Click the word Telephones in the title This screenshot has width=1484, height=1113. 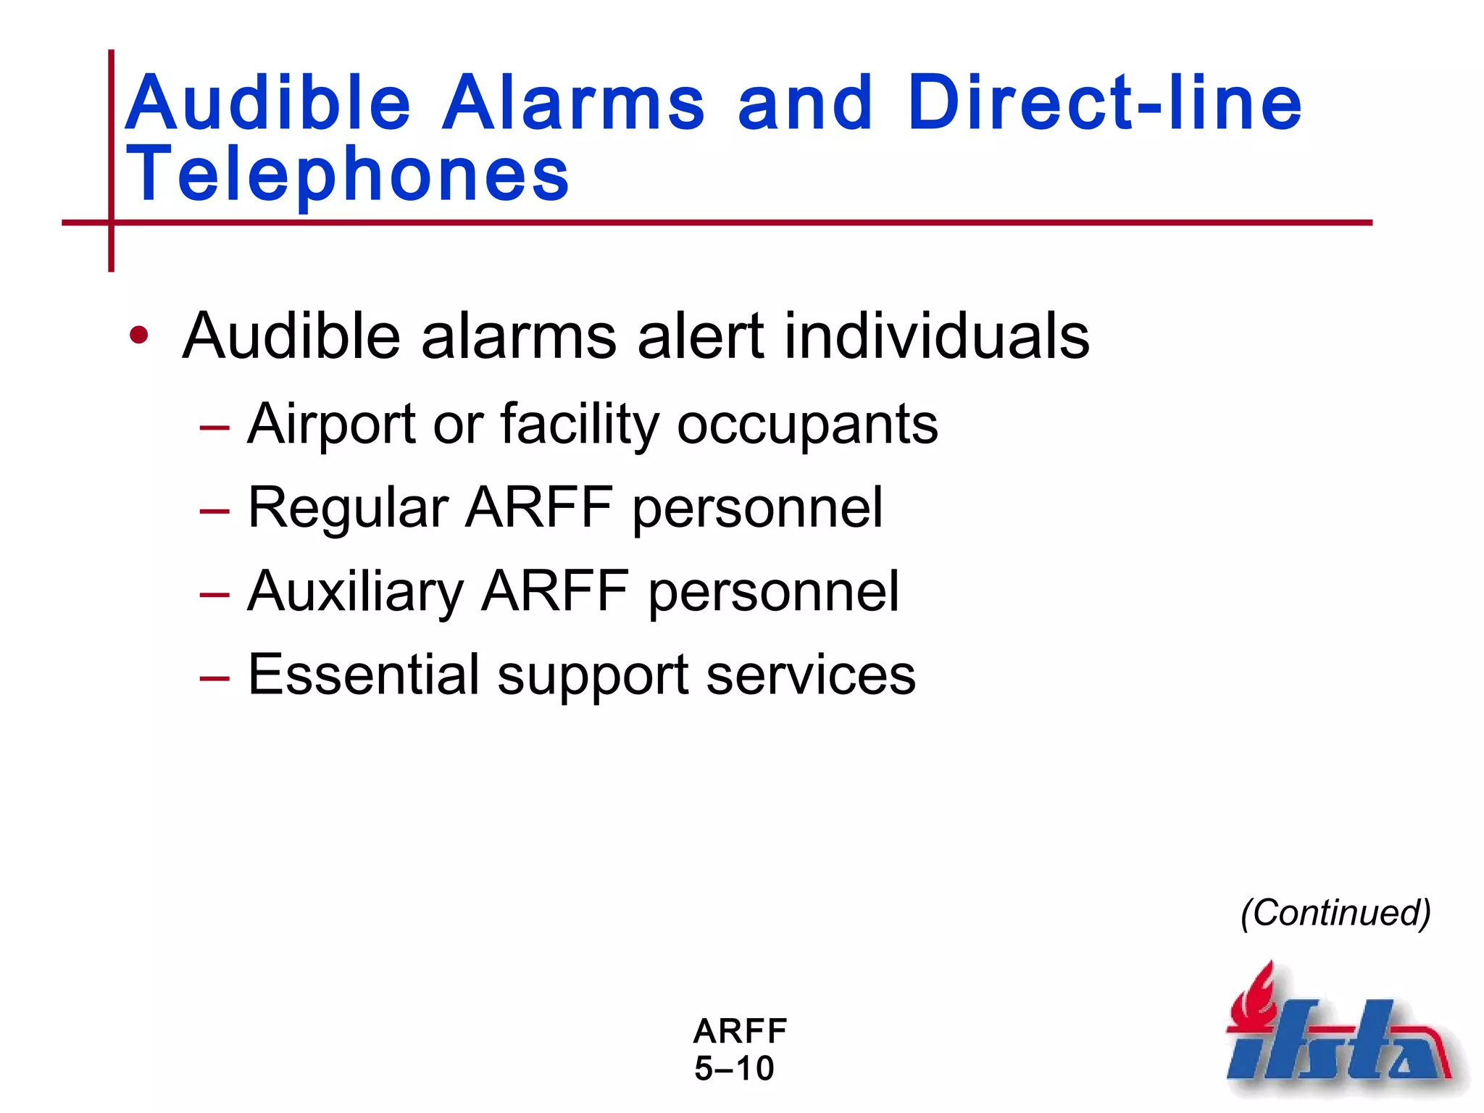click(348, 174)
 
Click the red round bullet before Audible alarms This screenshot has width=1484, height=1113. click(138, 335)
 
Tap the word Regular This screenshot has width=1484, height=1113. click(348, 507)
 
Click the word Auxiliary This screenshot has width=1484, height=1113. click(355, 591)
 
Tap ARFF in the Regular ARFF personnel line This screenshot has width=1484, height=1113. click(539, 507)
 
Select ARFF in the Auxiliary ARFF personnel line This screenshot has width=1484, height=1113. click(555, 591)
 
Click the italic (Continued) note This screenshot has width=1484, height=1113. click(1335, 912)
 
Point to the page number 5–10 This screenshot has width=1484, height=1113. click(734, 1068)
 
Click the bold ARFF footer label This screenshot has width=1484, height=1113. click(739, 1030)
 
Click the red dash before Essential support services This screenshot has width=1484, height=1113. click(214, 678)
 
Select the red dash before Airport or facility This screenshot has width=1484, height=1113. click(214, 428)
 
